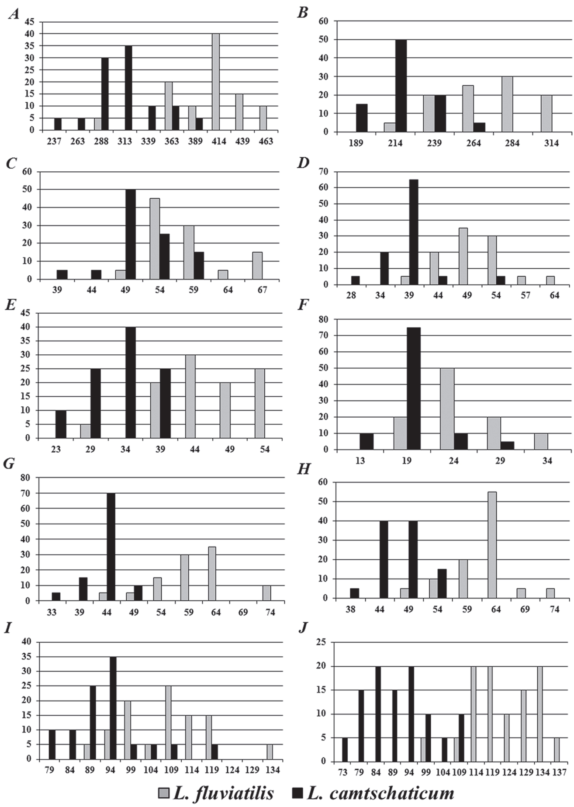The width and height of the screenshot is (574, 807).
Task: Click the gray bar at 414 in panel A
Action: (x=216, y=82)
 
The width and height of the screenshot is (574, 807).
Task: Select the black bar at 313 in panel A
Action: (x=128, y=88)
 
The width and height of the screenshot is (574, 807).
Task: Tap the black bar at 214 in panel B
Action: (x=401, y=86)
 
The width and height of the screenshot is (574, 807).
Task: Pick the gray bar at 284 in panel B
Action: (x=508, y=104)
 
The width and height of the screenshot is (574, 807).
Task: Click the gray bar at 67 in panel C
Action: (x=257, y=265)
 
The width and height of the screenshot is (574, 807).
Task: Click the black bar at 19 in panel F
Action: (x=414, y=388)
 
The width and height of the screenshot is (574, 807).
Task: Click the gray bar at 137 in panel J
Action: (x=557, y=749)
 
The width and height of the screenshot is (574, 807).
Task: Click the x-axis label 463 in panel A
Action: (x=266, y=141)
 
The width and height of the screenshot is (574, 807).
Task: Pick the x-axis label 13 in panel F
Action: (x=360, y=461)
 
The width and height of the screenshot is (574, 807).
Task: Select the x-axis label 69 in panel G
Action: (x=243, y=612)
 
